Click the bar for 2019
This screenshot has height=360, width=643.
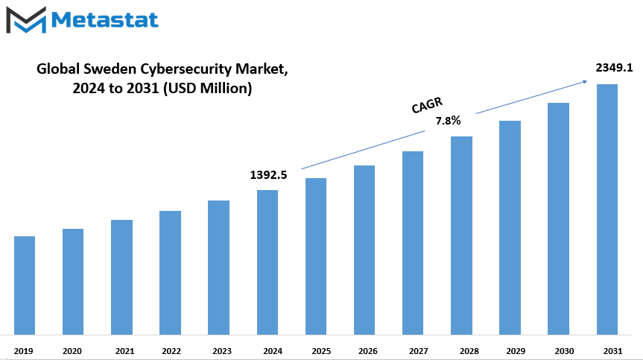[25, 285]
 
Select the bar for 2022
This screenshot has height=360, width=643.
[170, 272]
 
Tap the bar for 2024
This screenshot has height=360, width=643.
[267, 262]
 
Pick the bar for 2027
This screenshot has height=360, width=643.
[413, 242]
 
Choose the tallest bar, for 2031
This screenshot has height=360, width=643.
[606, 209]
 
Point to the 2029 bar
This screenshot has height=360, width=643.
[510, 227]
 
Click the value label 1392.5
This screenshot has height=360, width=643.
[268, 175]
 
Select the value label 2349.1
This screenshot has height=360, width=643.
[614, 68]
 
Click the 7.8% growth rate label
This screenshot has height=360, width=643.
[448, 120]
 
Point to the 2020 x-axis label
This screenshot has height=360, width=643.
[72, 350]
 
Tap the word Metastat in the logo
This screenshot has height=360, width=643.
[105, 19]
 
